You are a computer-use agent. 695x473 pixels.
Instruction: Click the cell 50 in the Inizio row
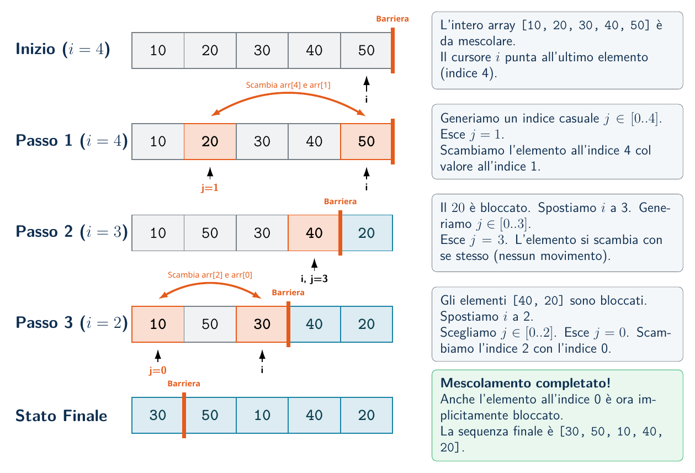(x=366, y=50)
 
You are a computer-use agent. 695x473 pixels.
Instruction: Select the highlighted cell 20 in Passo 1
(x=210, y=141)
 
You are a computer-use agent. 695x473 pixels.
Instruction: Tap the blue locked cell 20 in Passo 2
(x=367, y=232)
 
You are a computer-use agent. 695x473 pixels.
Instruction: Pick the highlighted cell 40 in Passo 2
(x=314, y=232)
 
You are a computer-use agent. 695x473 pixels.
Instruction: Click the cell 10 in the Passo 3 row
(x=158, y=324)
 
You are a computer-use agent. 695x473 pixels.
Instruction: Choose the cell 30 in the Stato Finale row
(x=157, y=415)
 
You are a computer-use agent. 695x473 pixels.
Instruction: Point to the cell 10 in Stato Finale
(x=262, y=415)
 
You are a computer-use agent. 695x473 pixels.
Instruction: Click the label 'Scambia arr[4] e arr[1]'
(x=288, y=85)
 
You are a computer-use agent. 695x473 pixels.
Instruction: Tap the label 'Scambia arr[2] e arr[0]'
(x=210, y=275)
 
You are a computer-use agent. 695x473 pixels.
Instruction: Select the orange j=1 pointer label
(x=210, y=188)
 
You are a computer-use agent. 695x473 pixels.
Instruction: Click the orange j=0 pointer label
(x=158, y=370)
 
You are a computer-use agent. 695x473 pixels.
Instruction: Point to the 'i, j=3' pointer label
(x=314, y=279)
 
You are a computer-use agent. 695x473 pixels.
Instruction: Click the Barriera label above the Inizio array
(x=392, y=19)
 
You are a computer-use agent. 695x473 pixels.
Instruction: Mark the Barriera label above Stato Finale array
(x=184, y=384)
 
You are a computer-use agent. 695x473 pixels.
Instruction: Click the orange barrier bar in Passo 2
(x=341, y=232)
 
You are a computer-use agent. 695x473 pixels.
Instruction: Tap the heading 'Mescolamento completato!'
(x=526, y=384)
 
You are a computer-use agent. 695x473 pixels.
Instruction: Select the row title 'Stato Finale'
(x=61, y=416)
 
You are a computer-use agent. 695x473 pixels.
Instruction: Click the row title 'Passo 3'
(x=44, y=322)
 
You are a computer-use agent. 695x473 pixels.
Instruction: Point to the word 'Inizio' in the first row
(x=35, y=49)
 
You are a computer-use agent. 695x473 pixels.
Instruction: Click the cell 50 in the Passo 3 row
(x=210, y=324)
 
